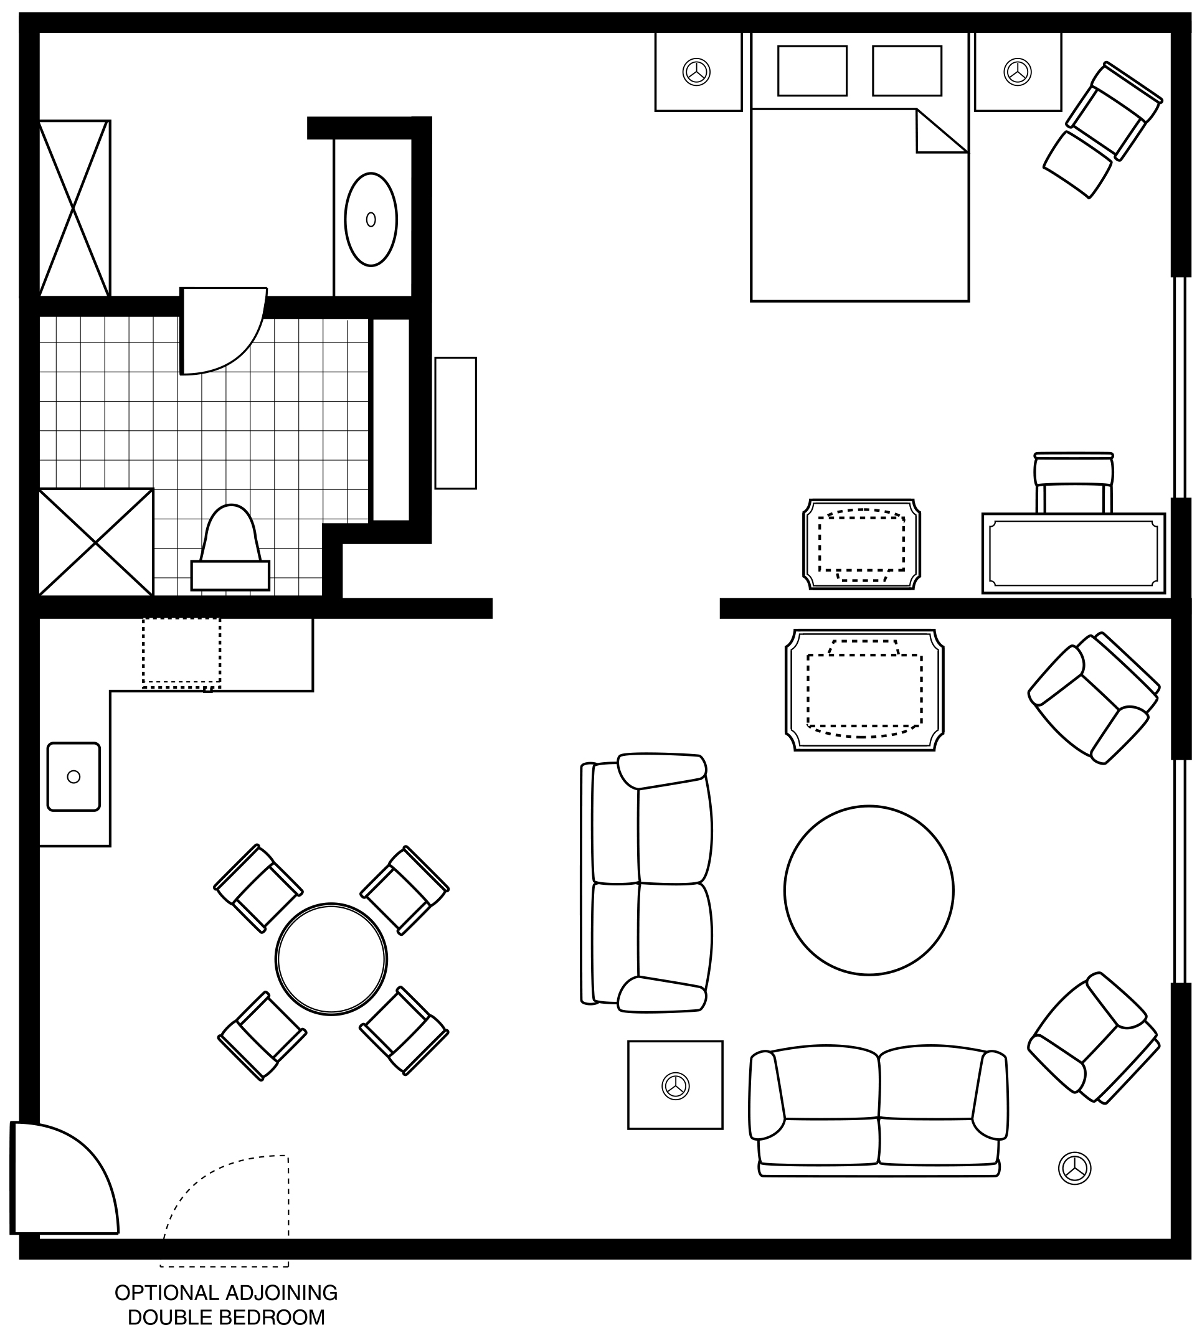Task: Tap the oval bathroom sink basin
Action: click(371, 220)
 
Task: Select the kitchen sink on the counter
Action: click(73, 776)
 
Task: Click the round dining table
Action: click(331, 959)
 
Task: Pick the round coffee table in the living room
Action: click(868, 890)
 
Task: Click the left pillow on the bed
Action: click(811, 70)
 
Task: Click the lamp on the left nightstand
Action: click(696, 72)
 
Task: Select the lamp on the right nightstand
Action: click(1017, 72)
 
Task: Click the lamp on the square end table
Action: click(675, 1086)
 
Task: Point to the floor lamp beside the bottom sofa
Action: click(1075, 1168)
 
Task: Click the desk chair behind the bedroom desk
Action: click(1074, 483)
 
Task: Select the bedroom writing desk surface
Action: click(1074, 553)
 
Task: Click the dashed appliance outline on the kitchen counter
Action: click(181, 653)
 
